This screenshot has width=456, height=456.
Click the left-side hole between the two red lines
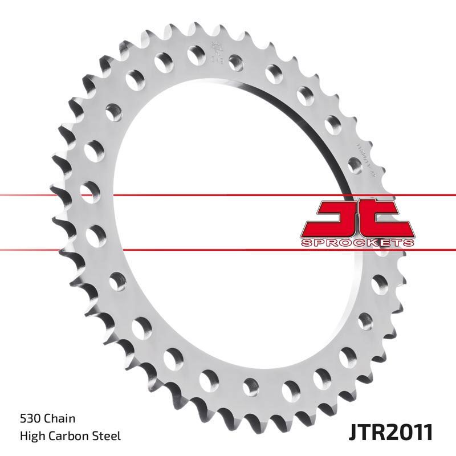coord(94,234)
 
